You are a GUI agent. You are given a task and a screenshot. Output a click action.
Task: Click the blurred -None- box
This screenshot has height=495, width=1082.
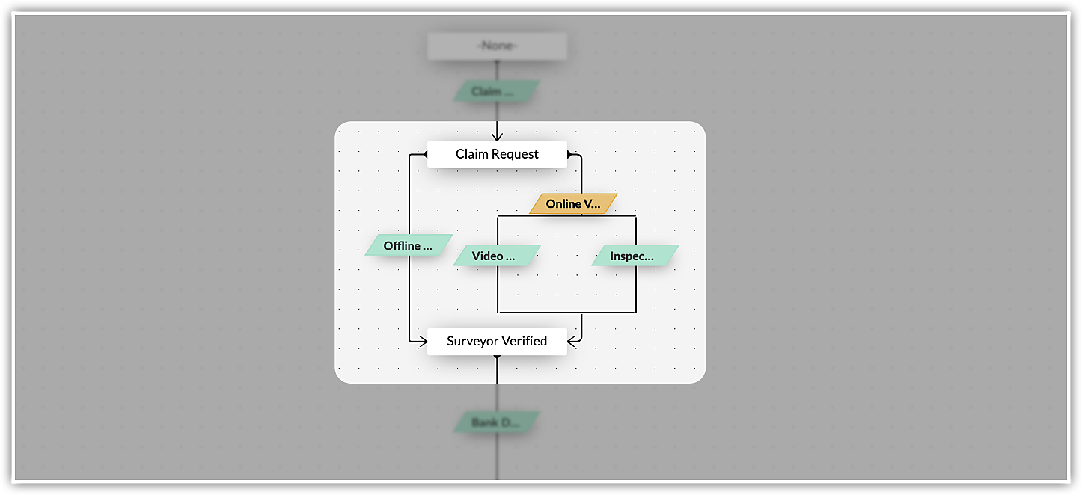point(497,46)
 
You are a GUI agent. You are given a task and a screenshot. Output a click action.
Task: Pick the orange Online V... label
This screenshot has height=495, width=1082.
point(573,203)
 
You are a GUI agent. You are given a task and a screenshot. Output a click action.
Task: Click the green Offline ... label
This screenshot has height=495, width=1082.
point(409,245)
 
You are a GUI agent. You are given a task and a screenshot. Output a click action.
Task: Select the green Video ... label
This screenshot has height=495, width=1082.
point(496,256)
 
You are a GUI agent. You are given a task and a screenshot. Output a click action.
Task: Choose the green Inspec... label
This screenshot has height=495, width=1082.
point(635,256)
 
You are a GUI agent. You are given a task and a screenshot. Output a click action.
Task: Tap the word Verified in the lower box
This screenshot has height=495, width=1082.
point(523,341)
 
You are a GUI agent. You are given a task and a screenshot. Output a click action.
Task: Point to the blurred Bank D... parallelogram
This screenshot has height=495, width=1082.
point(496,422)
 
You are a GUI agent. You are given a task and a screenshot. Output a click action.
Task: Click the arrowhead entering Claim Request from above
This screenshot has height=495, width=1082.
point(497,136)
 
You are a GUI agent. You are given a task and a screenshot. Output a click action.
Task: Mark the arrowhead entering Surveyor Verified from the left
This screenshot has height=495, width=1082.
point(422,341)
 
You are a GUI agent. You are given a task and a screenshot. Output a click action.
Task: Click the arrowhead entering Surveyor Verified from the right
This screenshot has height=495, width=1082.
point(572,341)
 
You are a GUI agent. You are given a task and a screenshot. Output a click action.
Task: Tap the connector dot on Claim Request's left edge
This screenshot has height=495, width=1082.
point(424,154)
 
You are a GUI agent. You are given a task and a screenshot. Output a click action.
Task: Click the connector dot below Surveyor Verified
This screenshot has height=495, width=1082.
point(497,358)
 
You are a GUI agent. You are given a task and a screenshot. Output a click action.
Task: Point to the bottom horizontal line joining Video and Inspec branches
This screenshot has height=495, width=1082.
point(566,312)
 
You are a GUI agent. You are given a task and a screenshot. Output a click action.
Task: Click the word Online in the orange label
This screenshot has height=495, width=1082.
point(563,203)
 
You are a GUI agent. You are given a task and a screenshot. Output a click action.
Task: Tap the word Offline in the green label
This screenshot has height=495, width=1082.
point(402,245)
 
